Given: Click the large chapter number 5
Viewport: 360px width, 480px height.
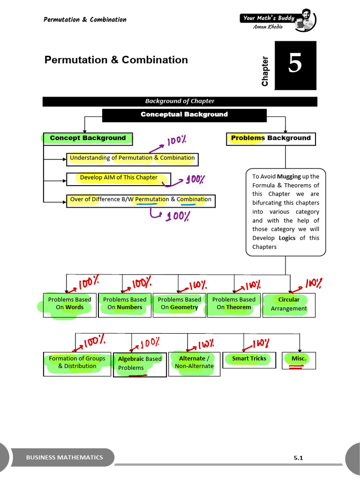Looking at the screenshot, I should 295,65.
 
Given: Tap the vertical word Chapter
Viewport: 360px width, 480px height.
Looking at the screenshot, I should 265,71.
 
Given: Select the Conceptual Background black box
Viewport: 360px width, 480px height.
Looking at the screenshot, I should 184,115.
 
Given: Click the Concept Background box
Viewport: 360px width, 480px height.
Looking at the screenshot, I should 88,138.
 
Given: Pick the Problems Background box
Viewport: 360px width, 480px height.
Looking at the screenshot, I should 270,138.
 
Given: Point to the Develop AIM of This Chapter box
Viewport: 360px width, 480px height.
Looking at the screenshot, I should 119,178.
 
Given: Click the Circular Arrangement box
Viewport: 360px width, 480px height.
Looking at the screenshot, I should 289,304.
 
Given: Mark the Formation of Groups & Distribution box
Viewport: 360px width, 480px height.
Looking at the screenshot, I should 77,363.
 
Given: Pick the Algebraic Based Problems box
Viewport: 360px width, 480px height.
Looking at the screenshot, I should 140,364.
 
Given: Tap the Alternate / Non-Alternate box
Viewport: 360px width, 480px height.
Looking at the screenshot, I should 194,362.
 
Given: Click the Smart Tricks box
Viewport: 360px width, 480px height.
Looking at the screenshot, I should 249,359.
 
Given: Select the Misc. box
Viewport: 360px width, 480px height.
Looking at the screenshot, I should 299,359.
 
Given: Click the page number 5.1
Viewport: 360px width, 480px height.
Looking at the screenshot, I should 299,458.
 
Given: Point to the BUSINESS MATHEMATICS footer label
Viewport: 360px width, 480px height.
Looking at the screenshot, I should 64,457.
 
